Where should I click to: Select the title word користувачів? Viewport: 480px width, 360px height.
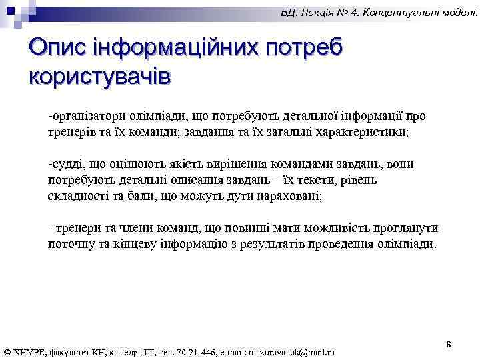tap(100, 76)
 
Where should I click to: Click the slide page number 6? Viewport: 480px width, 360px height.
tap(449, 345)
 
